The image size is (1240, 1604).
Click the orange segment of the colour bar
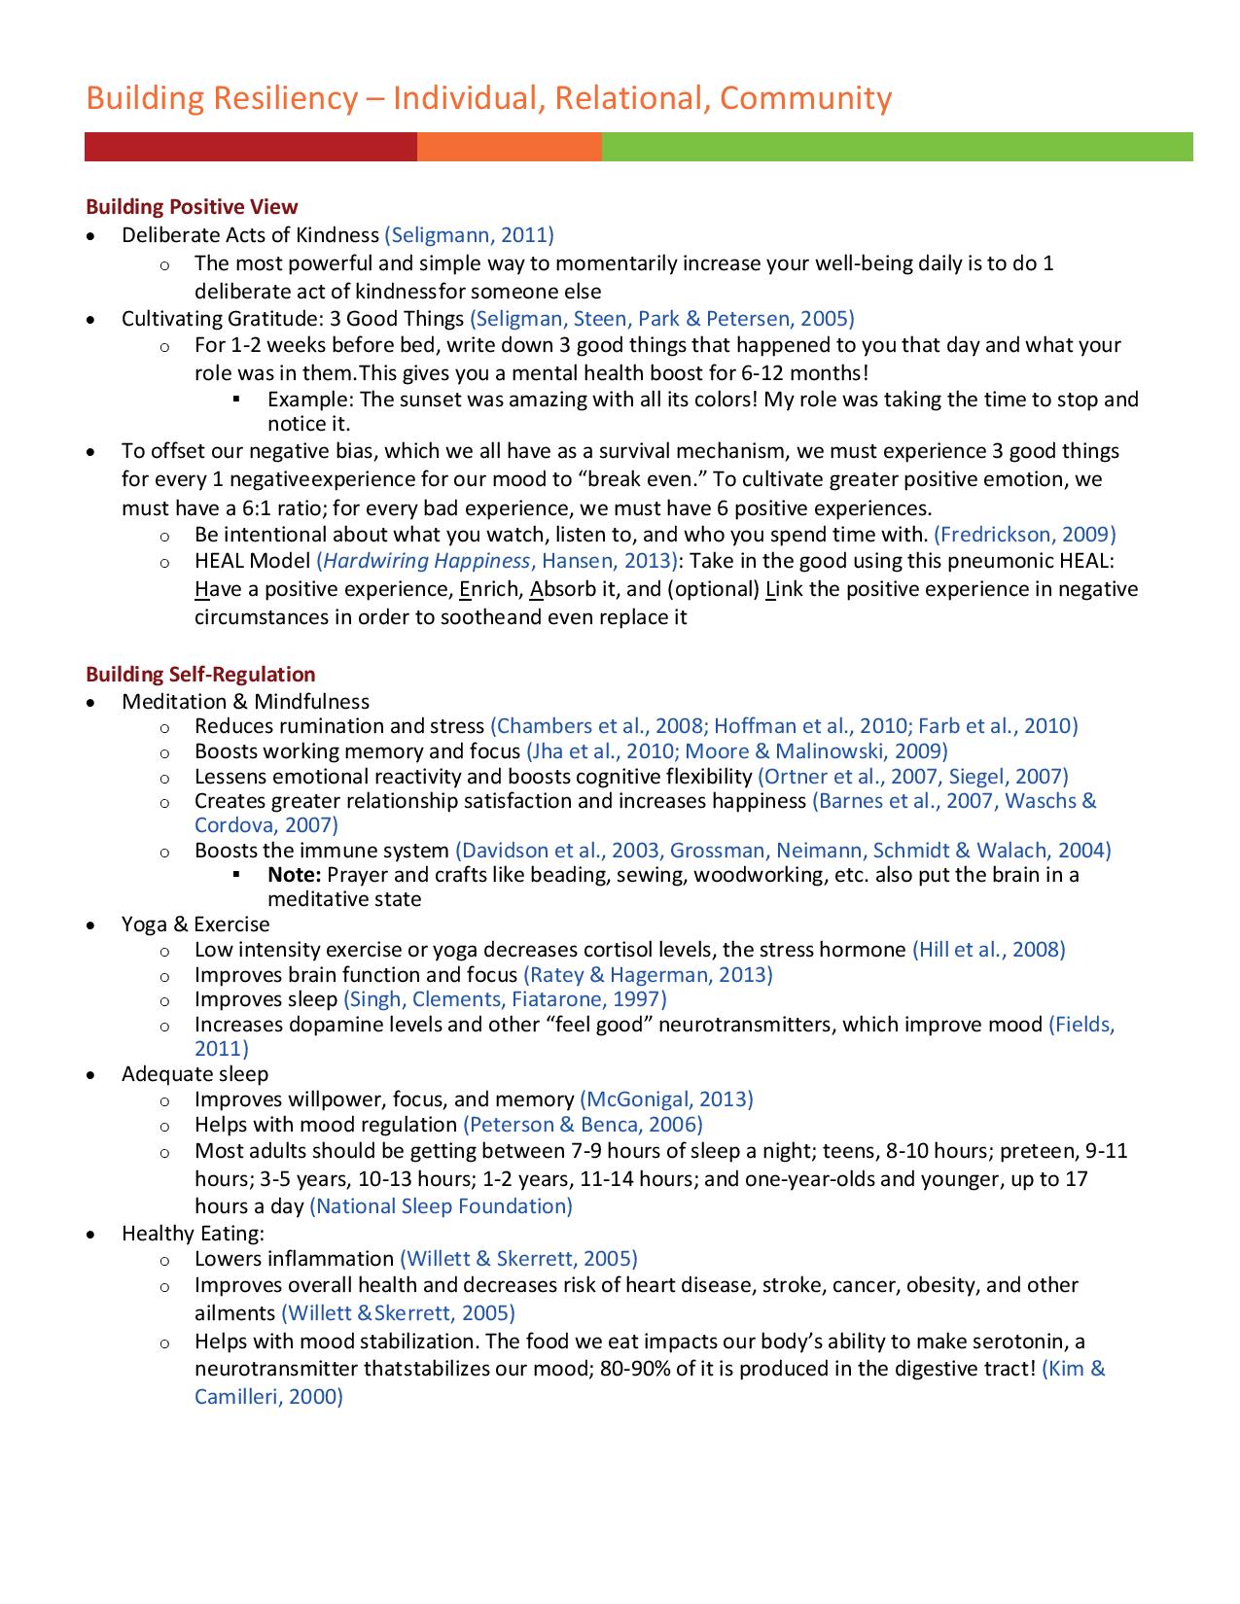[509, 147]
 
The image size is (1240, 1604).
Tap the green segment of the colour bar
[897, 147]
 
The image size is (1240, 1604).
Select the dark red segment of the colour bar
[250, 147]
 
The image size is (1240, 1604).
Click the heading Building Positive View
[192, 207]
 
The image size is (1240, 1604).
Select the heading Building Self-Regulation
[200, 675]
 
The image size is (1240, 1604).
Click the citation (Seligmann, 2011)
[469, 235]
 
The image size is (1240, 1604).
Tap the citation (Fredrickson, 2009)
[1024, 534]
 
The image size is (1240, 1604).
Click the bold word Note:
[295, 875]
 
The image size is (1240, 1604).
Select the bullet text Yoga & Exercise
[195, 924]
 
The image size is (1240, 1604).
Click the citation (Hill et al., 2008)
[988, 950]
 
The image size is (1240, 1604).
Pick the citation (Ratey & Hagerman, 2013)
[648, 975]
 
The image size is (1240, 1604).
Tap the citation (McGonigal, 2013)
[666, 1099]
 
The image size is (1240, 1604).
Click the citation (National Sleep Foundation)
[441, 1206]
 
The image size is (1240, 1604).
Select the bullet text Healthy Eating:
[193, 1234]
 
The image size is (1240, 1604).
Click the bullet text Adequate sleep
[195, 1074]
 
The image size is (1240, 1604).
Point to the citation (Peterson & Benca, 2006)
[583, 1125]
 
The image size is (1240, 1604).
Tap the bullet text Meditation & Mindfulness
[245, 702]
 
